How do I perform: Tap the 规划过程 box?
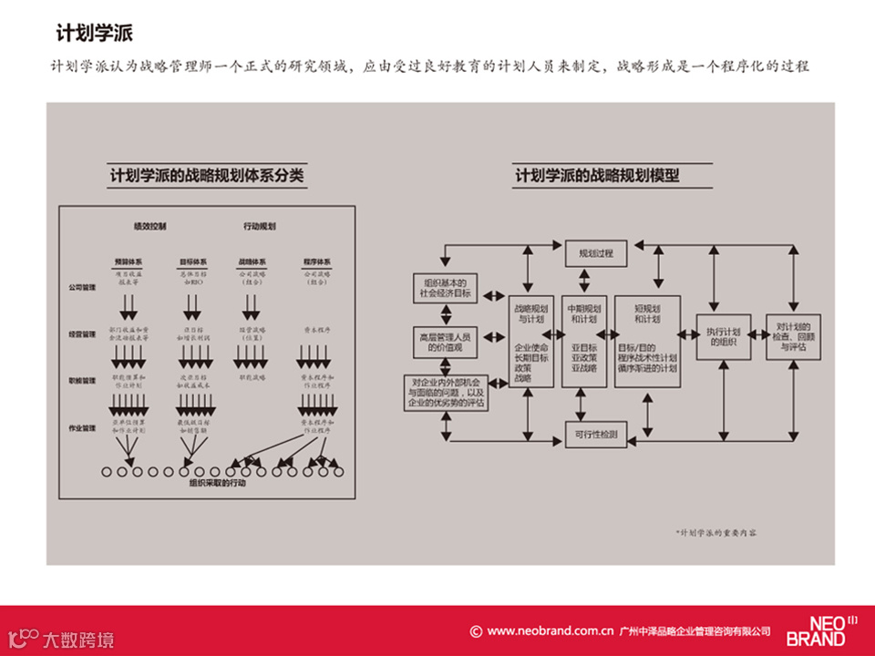[597, 253]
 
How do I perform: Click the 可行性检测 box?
[596, 436]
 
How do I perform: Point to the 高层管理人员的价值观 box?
[446, 343]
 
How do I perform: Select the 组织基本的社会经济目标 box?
[446, 288]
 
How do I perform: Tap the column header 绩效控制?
[150, 225]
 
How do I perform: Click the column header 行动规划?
[260, 225]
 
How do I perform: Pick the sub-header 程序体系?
[316, 261]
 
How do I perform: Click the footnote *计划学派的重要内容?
[715, 531]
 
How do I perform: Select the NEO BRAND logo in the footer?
[820, 630]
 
